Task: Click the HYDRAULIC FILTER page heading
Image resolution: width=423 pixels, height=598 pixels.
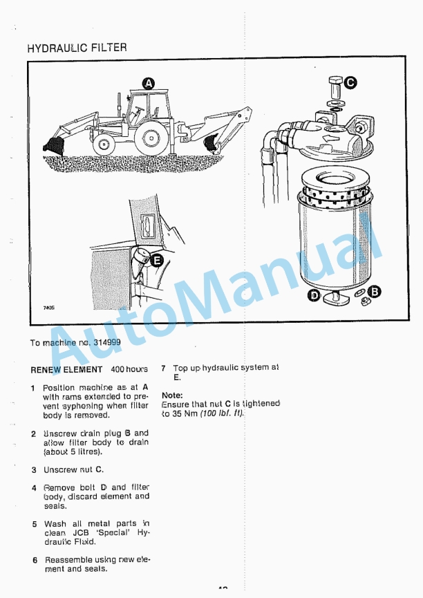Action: (77, 48)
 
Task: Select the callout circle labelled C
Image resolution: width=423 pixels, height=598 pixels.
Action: (350, 82)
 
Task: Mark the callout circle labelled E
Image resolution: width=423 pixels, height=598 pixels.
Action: (157, 261)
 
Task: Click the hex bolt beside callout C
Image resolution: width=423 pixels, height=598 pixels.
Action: (334, 85)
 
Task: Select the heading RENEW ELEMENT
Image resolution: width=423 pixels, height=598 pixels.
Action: (66, 370)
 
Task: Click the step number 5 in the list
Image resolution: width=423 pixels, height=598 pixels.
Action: (35, 525)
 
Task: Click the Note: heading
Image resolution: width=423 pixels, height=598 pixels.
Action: (171, 395)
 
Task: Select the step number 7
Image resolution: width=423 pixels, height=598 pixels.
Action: (164, 369)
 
